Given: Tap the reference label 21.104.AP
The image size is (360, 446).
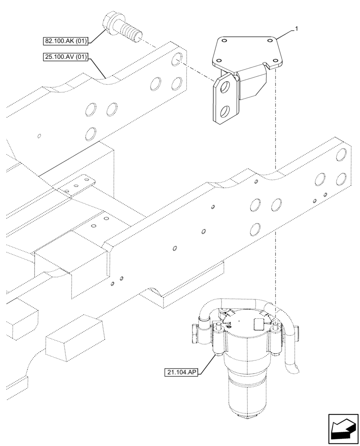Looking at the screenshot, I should [183, 371].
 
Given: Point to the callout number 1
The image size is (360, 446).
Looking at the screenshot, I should [297, 29].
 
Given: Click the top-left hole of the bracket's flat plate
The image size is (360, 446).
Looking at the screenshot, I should [224, 41].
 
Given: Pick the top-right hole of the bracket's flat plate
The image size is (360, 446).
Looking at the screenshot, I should [269, 40].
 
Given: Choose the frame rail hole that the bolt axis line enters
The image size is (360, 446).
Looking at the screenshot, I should [177, 57].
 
